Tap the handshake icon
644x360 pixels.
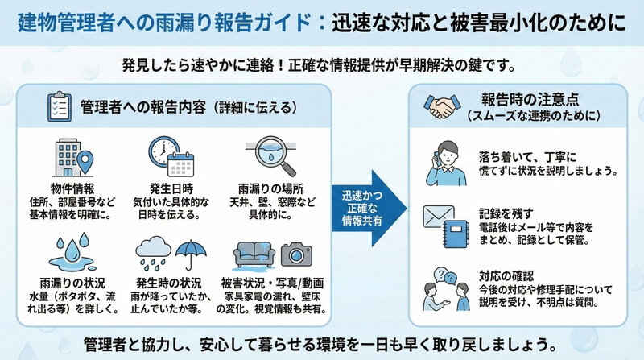point(442,106)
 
